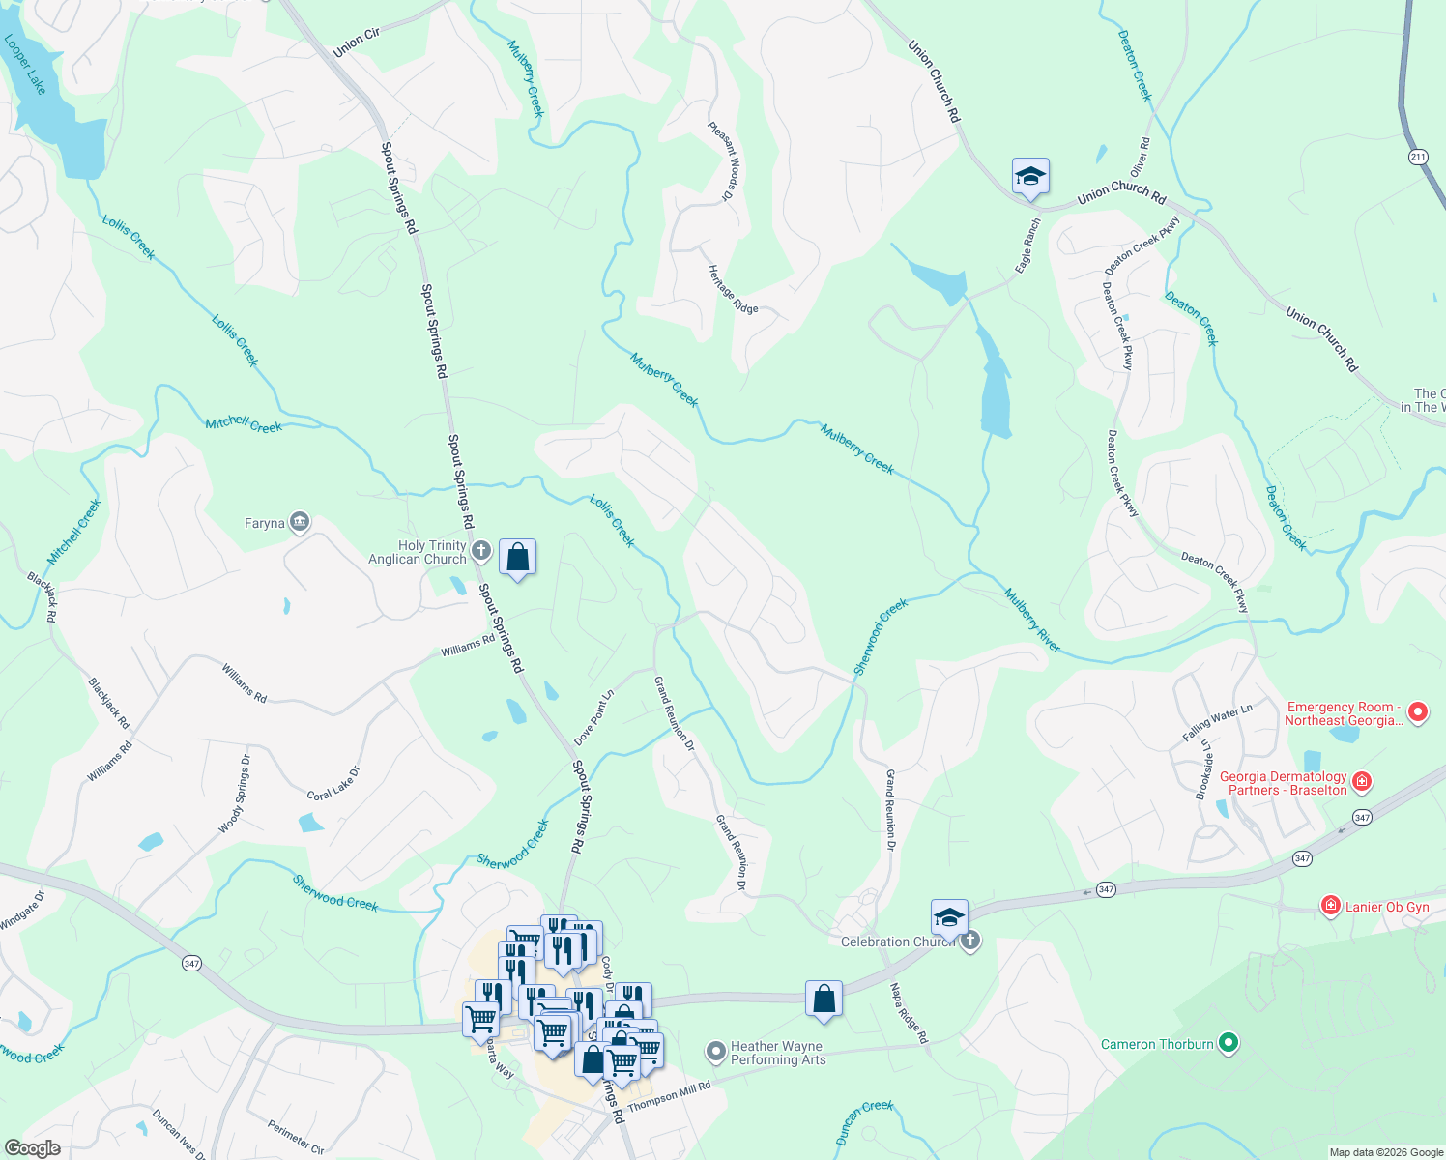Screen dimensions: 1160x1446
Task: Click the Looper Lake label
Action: point(25,65)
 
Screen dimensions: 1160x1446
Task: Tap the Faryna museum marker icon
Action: point(300,523)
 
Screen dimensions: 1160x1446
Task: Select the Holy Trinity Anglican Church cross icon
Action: point(481,552)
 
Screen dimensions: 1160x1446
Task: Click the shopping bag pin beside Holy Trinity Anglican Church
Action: point(518,558)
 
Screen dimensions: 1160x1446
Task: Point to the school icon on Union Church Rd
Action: point(1030,177)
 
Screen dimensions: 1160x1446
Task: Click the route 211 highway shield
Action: point(1418,157)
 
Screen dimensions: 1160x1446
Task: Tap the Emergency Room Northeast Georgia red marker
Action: point(1418,713)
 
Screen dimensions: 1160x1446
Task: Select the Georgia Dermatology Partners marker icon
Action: point(1362,781)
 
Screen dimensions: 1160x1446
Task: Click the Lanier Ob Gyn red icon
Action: point(1331,906)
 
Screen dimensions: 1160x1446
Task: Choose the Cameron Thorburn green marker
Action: point(1229,1043)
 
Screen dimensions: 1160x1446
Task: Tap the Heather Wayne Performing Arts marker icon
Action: point(715,1051)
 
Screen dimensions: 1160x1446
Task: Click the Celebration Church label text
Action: point(897,942)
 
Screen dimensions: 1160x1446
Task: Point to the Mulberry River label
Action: point(1031,620)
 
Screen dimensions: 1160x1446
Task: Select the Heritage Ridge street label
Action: point(732,289)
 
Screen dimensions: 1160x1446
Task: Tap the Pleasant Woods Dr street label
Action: point(723,161)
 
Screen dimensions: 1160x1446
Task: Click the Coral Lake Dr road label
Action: point(333,783)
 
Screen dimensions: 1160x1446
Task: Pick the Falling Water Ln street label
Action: point(1217,723)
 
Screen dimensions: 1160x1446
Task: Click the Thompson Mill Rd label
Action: point(669,1096)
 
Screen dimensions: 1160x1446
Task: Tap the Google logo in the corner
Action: point(32,1147)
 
